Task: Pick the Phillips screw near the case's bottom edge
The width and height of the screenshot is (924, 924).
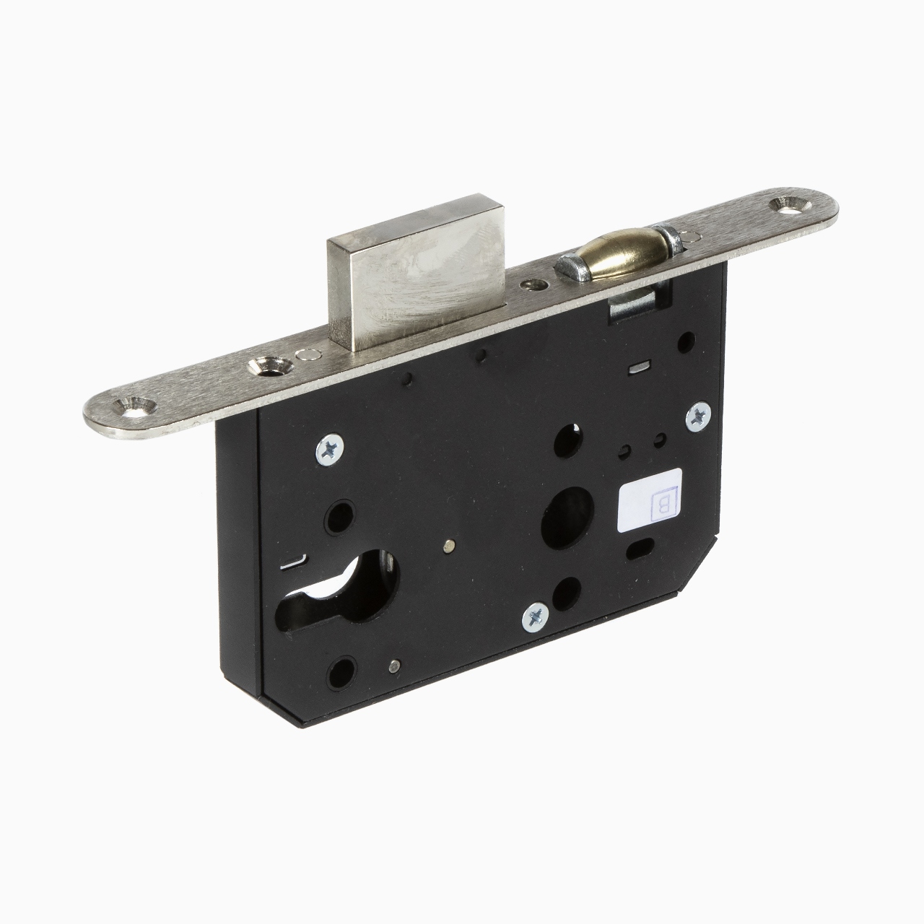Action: click(x=536, y=617)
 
